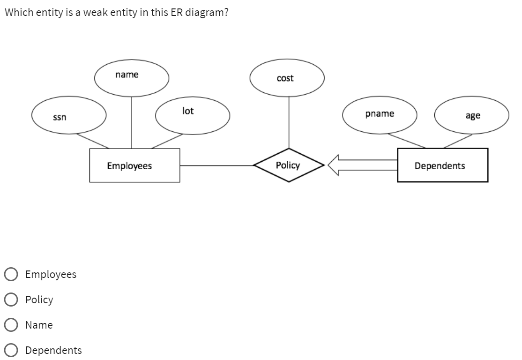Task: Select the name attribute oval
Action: point(132,79)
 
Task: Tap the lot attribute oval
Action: point(193,115)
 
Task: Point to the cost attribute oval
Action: point(287,79)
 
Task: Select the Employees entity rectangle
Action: point(134,165)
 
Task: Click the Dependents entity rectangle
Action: point(442,165)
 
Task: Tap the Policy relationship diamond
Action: point(288,165)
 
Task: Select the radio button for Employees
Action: point(11,274)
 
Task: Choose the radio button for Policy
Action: point(11,300)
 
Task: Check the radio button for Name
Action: point(11,325)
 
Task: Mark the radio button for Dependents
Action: point(11,350)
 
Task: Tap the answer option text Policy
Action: point(39,300)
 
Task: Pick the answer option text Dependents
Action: point(53,350)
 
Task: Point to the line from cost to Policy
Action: point(289,122)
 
